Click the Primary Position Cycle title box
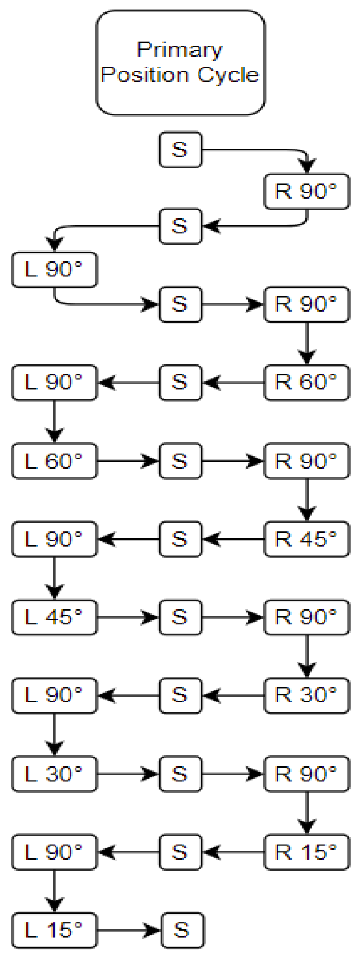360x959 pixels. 181,63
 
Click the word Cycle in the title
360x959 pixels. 228,75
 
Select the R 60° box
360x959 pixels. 306,382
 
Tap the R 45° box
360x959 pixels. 306,539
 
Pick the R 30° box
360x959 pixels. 306,695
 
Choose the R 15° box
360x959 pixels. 306,852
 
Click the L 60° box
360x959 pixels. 54,461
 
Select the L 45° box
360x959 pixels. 54,617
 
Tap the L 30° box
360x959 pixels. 54,774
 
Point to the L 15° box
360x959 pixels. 54,930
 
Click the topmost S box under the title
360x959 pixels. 180,150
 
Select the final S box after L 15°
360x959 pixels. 182,930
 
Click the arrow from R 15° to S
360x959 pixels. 233,852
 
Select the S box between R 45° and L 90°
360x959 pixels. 180,539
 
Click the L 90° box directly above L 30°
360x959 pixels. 54,695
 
